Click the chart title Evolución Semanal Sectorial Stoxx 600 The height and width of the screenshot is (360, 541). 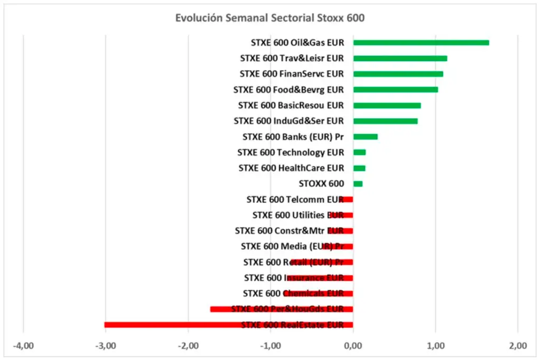pyautogui.click(x=270, y=18)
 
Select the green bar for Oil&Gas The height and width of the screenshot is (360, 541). pyautogui.click(x=421, y=43)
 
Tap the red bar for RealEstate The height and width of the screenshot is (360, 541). pyautogui.click(x=228, y=325)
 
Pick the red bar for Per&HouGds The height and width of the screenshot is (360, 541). pyautogui.click(x=281, y=309)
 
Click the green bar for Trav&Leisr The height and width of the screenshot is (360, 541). pyautogui.click(x=400, y=59)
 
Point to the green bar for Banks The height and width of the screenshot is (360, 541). pyautogui.click(x=365, y=137)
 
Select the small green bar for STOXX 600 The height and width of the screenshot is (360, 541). pyautogui.click(x=358, y=184)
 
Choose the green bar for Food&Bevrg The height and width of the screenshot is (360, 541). pyautogui.click(x=395, y=90)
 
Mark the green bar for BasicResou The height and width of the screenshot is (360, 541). pyautogui.click(x=387, y=106)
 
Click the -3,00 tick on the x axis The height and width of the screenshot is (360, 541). pyautogui.click(x=105, y=346)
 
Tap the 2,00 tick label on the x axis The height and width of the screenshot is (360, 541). pyautogui.click(x=518, y=346)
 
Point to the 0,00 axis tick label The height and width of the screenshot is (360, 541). pyautogui.click(x=353, y=346)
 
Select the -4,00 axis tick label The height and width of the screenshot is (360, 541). pyautogui.click(x=23, y=346)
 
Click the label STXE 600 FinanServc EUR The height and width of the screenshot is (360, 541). pyautogui.click(x=292, y=74)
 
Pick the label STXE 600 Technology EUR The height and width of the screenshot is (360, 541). pyautogui.click(x=291, y=153)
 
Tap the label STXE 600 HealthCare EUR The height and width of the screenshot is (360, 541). pyautogui.click(x=291, y=168)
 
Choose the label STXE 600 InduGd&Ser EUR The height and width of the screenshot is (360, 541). pyautogui.click(x=288, y=121)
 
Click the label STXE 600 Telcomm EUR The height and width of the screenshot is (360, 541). pyautogui.click(x=295, y=200)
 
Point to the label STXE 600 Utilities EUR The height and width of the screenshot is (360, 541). pyautogui.click(x=298, y=215)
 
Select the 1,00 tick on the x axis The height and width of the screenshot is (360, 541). pyautogui.click(x=435, y=346)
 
